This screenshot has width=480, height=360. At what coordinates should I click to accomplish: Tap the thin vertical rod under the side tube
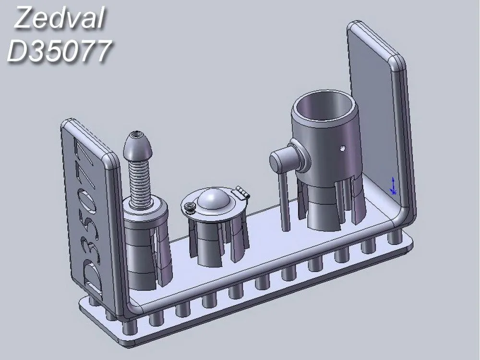pyautogui.click(x=284, y=202)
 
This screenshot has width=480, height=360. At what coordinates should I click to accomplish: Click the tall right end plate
pyautogui.click(x=379, y=120)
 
